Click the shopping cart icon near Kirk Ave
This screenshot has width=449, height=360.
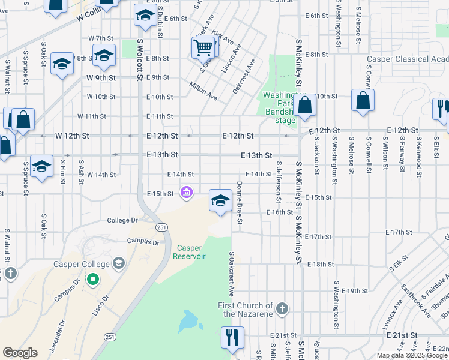pos(203,46)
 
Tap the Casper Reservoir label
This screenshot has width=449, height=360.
pos(189,252)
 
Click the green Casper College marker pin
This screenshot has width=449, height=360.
pos(92,279)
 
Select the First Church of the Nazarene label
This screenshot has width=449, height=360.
pos(245,310)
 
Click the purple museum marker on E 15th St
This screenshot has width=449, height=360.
pos(186,193)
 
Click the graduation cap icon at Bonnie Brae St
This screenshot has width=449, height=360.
pos(220,200)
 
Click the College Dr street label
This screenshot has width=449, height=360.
pos(122,221)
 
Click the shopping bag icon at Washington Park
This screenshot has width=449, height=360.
pos(305,105)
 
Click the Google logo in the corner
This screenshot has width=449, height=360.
pos(20,353)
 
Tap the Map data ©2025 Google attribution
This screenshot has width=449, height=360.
pos(411,355)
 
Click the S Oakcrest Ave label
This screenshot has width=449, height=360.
pos(231,274)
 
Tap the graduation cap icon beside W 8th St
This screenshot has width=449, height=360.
pos(104,57)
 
